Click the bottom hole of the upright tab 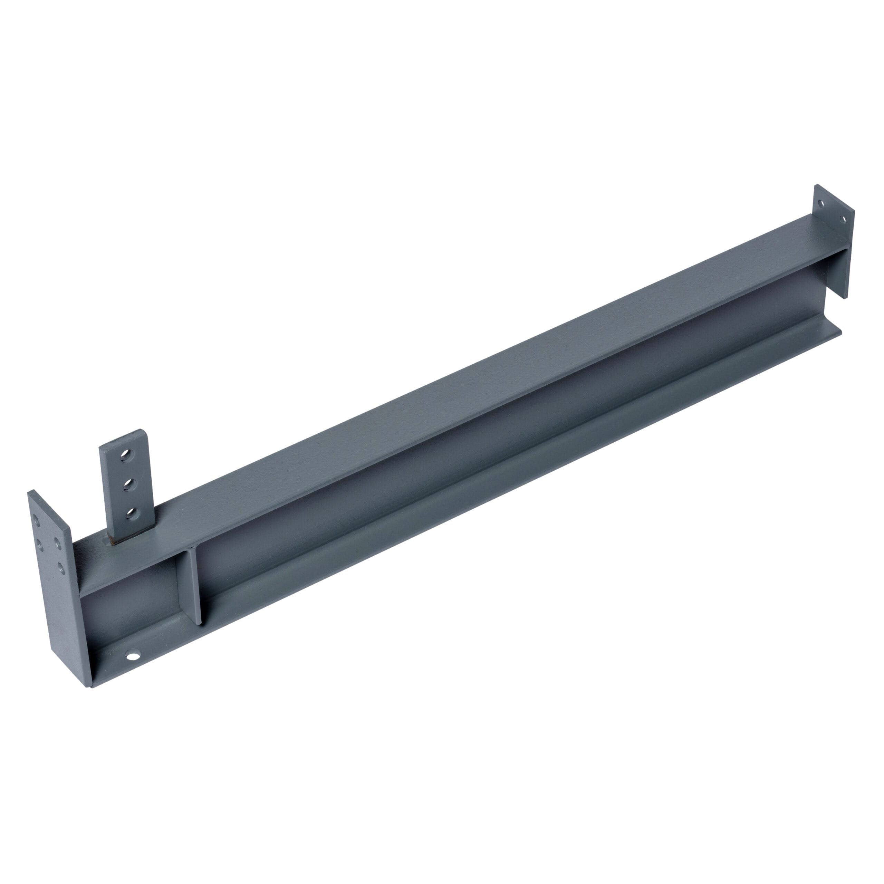point(132,513)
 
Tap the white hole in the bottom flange point(133,656)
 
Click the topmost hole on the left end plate point(36,519)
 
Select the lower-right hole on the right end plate point(844,219)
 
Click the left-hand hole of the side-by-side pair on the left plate point(39,545)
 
